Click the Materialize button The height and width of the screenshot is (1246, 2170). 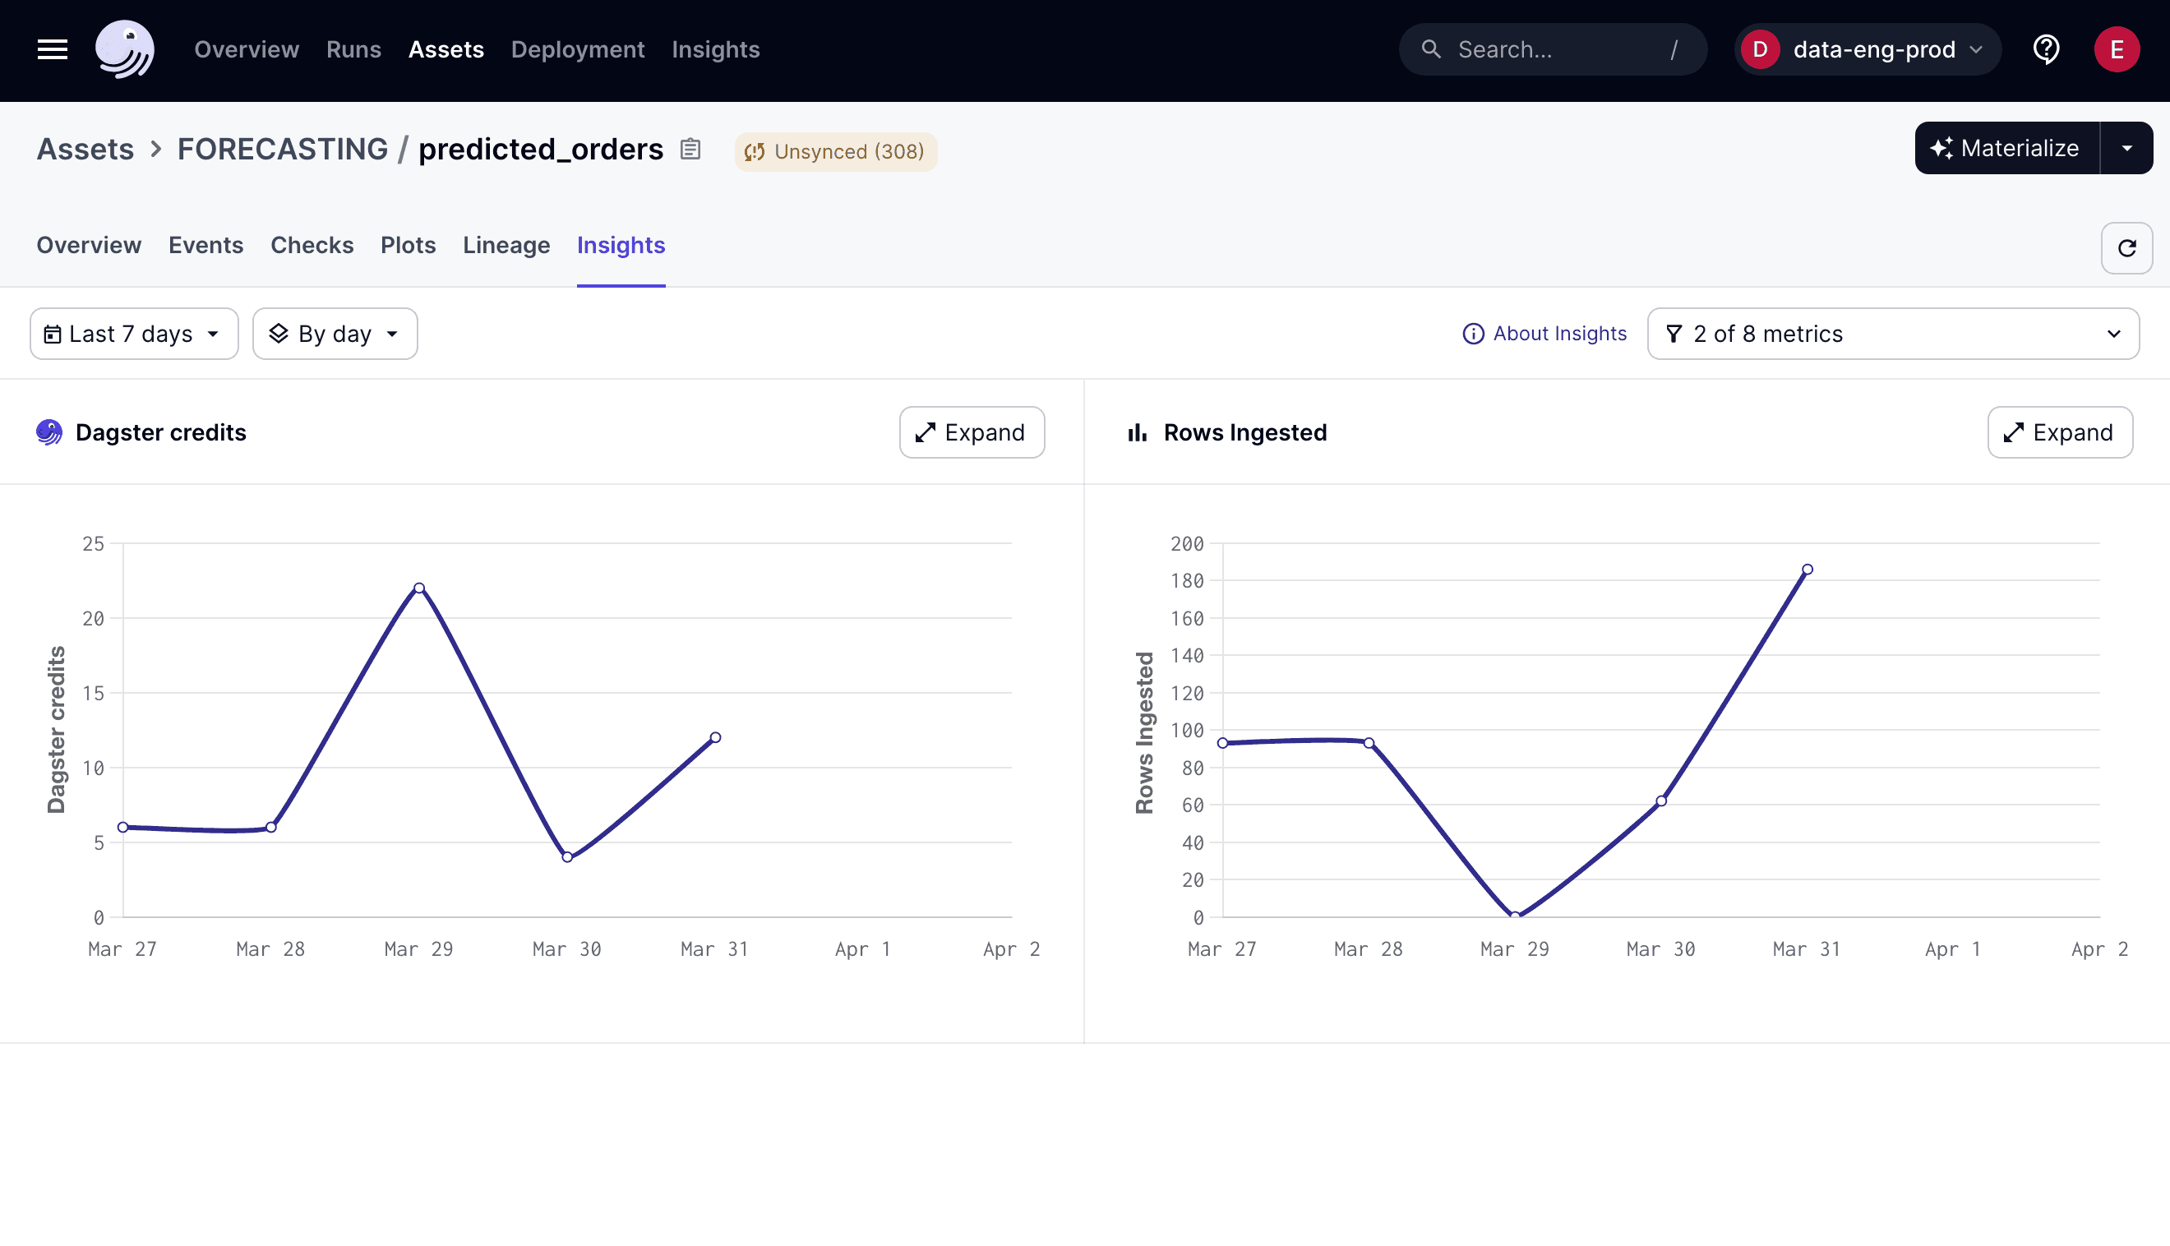[x=2006, y=148]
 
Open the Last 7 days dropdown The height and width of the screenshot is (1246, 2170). [x=134, y=334]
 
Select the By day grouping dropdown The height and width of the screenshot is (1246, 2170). [x=335, y=334]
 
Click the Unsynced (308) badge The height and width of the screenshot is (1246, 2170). [x=835, y=151]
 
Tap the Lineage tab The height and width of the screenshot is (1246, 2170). [x=506, y=246]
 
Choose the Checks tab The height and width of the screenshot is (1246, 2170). [x=312, y=246]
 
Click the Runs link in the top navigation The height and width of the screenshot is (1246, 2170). [x=353, y=49]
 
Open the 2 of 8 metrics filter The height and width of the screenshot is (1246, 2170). [x=1892, y=334]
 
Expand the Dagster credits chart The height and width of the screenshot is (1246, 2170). [x=972, y=432]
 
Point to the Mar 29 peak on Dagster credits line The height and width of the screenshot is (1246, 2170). [x=419, y=588]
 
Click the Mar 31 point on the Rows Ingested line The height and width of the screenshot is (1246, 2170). [x=1808, y=569]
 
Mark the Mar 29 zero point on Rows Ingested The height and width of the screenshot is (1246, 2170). [x=1515, y=916]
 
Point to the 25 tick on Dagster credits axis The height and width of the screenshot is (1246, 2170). [x=93, y=543]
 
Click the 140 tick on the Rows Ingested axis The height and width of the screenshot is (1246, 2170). [x=1187, y=656]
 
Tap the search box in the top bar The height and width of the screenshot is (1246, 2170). [x=1552, y=49]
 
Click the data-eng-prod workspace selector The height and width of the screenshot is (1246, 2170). [x=1866, y=49]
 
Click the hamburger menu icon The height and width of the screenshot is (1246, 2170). [x=53, y=49]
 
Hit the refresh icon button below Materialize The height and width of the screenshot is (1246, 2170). [x=2126, y=248]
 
